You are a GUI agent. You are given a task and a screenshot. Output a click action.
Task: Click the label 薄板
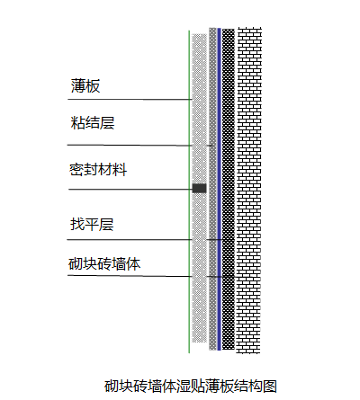85,85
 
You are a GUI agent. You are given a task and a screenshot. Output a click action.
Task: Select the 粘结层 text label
93,123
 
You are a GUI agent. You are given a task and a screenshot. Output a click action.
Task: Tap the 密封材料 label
98,170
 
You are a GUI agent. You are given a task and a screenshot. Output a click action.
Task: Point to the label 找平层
92,225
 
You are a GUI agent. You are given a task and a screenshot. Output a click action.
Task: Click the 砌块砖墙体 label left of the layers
104,263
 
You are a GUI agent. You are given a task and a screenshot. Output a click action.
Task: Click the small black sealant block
199,188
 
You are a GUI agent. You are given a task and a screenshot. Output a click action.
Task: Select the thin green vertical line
189,191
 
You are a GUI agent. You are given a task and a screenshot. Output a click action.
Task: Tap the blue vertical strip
220,189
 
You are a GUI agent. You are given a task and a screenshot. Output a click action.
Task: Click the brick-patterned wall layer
249,191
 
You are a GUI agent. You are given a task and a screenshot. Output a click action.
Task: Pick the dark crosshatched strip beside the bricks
229,189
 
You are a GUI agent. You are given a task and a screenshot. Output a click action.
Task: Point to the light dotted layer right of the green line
199,188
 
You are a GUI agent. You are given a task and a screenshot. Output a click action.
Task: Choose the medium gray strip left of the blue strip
212,189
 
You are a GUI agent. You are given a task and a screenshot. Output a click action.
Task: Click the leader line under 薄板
130,99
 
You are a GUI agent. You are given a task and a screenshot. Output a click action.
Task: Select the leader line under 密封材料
130,190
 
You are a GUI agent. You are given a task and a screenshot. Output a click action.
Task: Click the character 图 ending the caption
270,386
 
